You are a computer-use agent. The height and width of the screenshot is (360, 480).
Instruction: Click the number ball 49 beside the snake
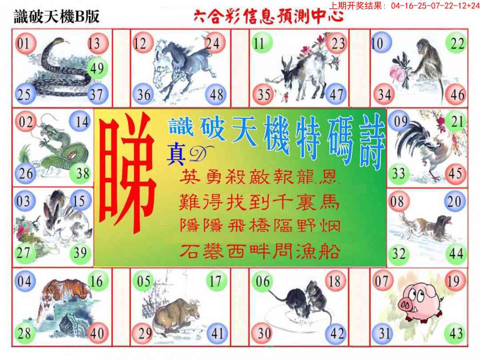click(x=97, y=68)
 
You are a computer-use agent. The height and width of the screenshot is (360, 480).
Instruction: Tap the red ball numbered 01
click(x=24, y=43)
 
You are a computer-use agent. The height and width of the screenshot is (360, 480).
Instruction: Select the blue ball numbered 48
click(x=216, y=94)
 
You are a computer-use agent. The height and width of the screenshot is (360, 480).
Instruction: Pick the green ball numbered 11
click(x=261, y=43)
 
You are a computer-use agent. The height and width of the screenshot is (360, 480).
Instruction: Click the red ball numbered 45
click(x=456, y=174)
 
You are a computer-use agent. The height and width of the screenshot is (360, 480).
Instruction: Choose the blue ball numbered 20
click(x=455, y=201)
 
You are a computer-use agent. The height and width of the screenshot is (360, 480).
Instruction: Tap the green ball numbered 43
click(x=456, y=333)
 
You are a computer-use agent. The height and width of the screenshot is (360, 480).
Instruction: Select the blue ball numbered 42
click(x=336, y=333)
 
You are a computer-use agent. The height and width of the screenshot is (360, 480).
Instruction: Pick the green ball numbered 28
click(x=24, y=333)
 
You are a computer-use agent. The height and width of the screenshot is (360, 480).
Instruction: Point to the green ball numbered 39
click(x=80, y=253)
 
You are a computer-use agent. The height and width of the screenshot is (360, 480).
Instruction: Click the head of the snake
click(x=61, y=41)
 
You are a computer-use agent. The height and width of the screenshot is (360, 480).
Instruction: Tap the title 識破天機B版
click(x=57, y=16)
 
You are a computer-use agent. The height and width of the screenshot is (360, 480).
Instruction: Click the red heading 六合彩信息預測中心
click(x=269, y=16)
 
